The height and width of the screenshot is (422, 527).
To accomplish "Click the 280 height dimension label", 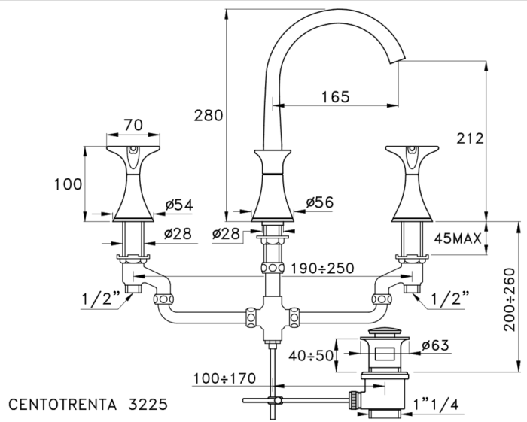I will coord(209,115).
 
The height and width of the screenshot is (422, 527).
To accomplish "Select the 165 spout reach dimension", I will coord(335,96).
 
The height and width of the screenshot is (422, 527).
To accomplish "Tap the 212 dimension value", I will coord(468,138).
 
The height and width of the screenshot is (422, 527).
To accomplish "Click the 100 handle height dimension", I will coord(67,183).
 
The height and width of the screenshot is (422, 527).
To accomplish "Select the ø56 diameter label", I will coord(319,202).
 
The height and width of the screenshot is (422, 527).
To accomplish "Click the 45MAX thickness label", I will coord(458,238).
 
